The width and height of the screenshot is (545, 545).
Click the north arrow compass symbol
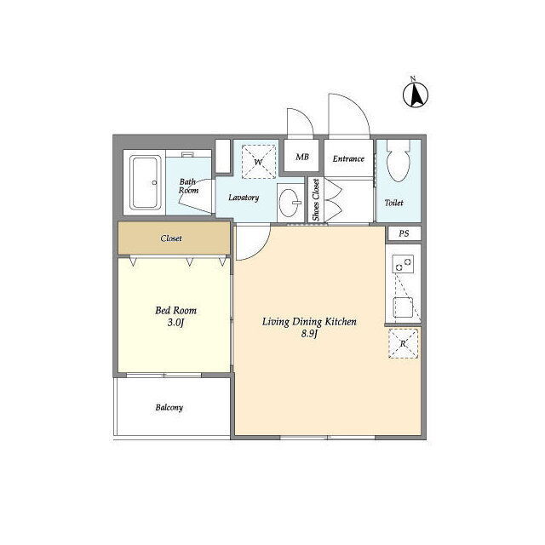click(x=416, y=95)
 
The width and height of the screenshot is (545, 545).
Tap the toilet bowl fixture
click(x=399, y=161)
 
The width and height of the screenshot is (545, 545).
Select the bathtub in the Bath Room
click(x=145, y=182)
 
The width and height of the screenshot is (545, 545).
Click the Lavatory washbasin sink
click(x=290, y=203)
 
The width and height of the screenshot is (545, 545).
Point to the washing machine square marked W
click(x=259, y=162)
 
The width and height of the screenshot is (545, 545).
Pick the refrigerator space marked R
click(x=403, y=344)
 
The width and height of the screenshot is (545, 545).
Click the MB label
click(x=302, y=157)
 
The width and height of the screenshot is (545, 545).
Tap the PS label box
click(x=404, y=233)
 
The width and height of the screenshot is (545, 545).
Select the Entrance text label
click(x=348, y=159)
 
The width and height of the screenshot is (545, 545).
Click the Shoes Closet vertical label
click(x=316, y=200)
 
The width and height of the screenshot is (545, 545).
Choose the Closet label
click(x=171, y=238)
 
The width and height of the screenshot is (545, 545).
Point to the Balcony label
click(x=169, y=407)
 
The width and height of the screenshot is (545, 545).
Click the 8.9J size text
click(x=309, y=334)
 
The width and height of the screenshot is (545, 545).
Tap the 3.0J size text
click(x=175, y=323)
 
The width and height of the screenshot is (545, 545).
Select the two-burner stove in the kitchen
click(x=403, y=264)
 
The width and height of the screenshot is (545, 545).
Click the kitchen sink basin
click(x=403, y=307)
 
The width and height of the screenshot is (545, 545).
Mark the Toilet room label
click(x=393, y=203)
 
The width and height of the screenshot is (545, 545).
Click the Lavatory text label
click(x=244, y=198)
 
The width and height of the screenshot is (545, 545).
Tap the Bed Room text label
click(x=176, y=310)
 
